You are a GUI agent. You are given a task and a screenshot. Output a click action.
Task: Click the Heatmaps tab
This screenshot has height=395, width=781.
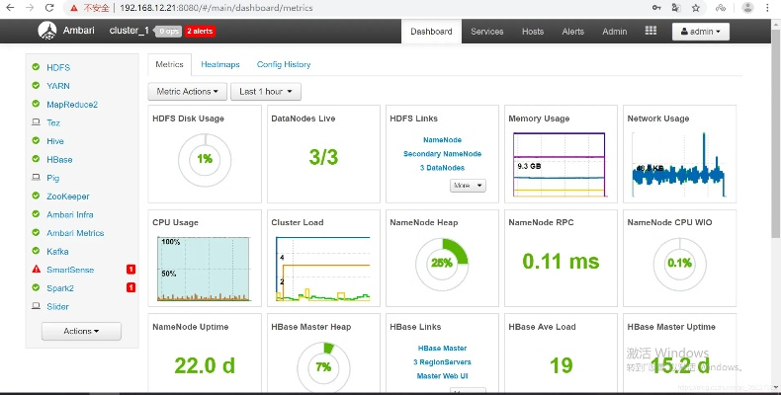(219, 64)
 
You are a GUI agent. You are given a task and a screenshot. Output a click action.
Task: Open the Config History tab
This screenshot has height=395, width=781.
(284, 64)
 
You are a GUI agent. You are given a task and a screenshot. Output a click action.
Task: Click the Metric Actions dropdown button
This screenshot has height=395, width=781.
(188, 92)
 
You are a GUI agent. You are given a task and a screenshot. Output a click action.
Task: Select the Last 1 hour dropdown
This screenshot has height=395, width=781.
(266, 92)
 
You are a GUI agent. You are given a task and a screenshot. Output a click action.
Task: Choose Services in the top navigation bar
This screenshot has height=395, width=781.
(486, 31)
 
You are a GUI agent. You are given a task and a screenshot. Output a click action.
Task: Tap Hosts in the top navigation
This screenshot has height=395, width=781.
(533, 31)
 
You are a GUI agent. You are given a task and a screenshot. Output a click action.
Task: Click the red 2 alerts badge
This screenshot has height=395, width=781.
(201, 31)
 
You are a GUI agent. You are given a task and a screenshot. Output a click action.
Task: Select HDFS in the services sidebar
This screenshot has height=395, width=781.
(58, 67)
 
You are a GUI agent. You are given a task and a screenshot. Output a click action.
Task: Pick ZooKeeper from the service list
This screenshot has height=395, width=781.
(67, 197)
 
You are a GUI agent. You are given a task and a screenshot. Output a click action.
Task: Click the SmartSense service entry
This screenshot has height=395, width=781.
(68, 269)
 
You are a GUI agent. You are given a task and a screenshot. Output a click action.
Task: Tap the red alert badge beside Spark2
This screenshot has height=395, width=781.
(130, 287)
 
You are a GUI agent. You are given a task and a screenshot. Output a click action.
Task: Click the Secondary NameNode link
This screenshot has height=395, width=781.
(442, 153)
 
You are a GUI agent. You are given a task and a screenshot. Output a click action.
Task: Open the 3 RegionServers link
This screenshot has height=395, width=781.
(442, 361)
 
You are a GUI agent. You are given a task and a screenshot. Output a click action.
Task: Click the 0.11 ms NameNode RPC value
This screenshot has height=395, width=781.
(561, 261)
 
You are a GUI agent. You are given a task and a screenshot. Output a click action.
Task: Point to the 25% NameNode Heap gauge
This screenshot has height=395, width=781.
(442, 262)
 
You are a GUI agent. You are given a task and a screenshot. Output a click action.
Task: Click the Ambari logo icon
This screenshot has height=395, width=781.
(46, 31)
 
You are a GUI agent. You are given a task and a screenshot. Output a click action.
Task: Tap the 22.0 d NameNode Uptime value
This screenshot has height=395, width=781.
(205, 365)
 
